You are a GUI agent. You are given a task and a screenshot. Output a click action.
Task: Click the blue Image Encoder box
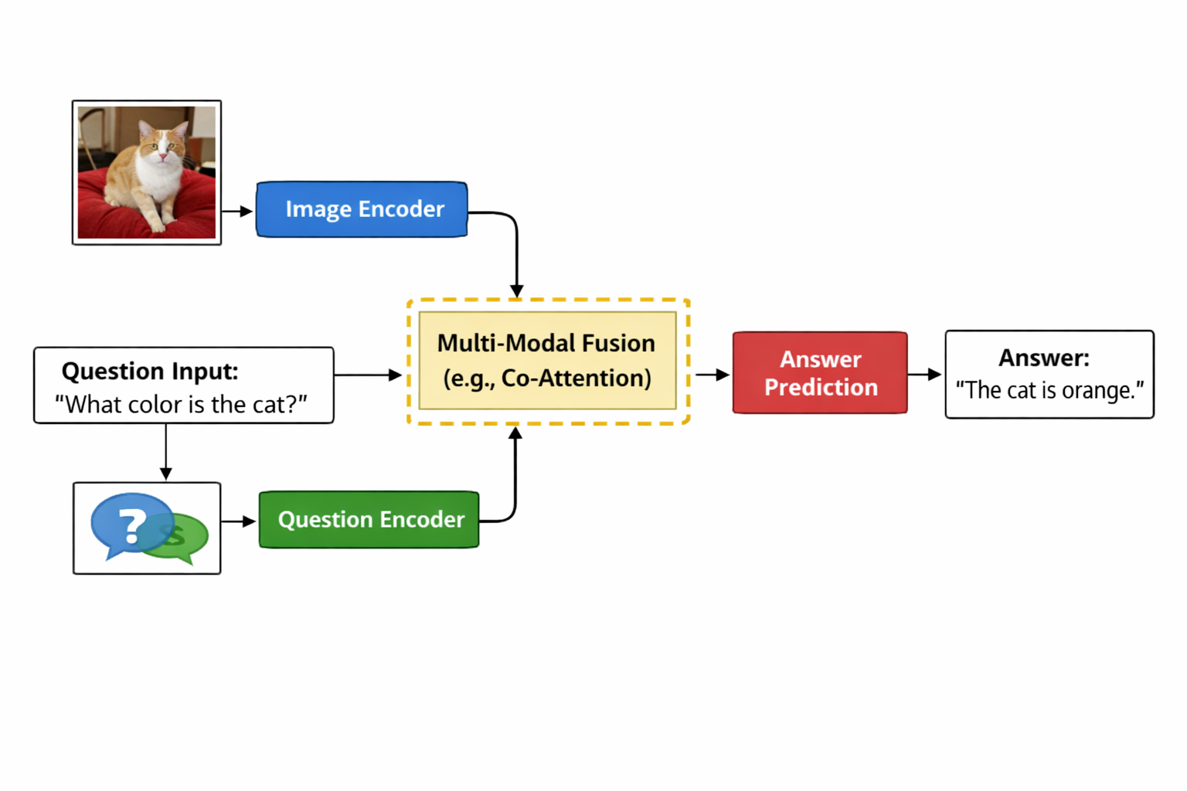[x=362, y=209]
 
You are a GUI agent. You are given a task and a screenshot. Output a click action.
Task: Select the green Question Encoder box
[x=369, y=520]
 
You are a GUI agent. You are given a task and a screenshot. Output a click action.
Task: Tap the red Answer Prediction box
[x=820, y=373]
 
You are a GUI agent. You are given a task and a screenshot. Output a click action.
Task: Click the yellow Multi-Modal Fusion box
[x=547, y=361]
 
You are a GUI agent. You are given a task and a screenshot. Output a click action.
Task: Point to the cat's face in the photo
[x=162, y=144]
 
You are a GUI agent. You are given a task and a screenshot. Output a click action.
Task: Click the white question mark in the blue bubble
[x=132, y=525]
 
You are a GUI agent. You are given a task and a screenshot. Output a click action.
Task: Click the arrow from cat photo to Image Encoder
[x=238, y=211]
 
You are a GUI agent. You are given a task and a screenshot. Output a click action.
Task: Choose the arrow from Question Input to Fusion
[x=368, y=375]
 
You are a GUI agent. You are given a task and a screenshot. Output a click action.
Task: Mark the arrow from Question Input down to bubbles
[x=165, y=452]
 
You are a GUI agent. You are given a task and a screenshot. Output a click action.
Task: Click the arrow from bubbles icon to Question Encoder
[x=239, y=522]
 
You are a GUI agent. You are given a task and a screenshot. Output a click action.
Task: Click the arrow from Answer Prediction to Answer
[x=925, y=375]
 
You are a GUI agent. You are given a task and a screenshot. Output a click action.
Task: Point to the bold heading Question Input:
[x=150, y=372]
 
